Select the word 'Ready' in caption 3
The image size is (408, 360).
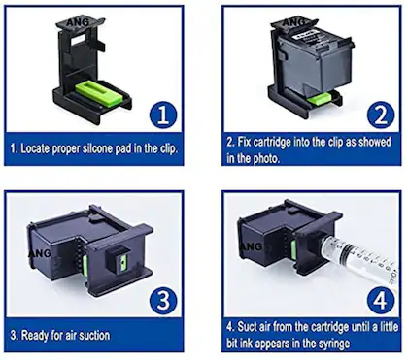pos(33,336)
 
